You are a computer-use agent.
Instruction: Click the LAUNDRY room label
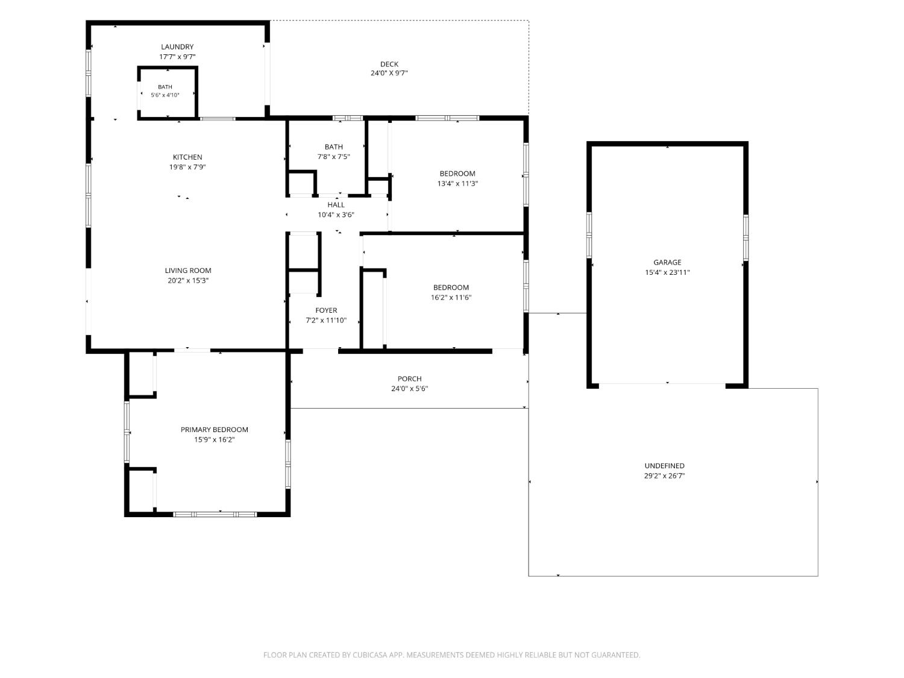tap(177, 47)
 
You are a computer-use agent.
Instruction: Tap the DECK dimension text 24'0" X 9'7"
tap(389, 74)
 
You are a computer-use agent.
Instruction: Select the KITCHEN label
tap(187, 157)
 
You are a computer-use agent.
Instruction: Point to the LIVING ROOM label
tap(188, 271)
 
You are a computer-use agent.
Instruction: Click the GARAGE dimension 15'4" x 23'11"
tap(667, 272)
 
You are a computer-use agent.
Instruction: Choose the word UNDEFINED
tap(664, 466)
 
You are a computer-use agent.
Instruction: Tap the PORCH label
tap(409, 378)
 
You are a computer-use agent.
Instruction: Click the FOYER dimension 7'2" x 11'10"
tap(326, 320)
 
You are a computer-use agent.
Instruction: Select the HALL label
tap(336, 204)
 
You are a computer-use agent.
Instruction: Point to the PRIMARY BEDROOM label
tap(214, 429)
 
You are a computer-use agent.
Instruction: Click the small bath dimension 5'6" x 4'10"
tap(165, 95)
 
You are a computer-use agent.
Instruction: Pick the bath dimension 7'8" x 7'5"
tap(334, 157)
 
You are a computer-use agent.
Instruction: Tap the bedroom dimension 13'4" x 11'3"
tap(457, 184)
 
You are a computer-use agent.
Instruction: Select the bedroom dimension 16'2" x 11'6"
tap(451, 297)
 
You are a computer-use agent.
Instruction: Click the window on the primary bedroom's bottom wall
tap(215, 514)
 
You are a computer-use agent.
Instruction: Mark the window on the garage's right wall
tap(745, 237)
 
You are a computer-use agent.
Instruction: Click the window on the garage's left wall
tap(589, 235)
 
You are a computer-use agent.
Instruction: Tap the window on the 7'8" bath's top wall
tap(348, 118)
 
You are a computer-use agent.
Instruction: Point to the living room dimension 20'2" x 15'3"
tap(188, 280)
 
